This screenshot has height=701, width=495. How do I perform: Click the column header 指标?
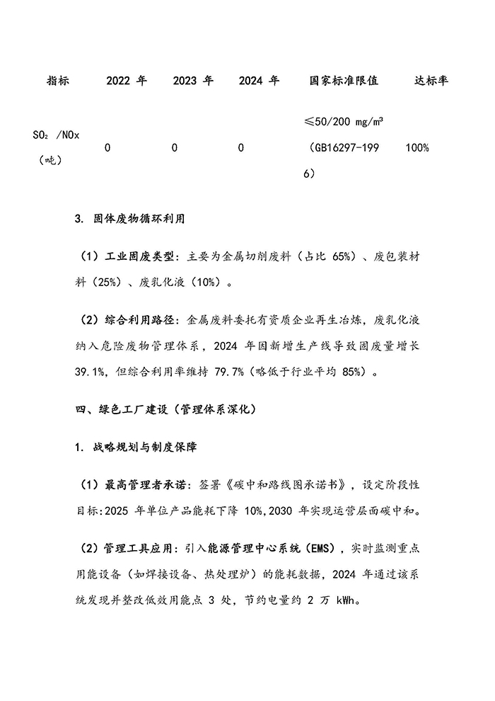[x=57, y=81]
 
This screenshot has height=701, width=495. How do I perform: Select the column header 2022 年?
[x=127, y=81]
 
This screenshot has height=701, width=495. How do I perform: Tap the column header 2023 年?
[x=193, y=81]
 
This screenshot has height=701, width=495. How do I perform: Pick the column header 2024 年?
[x=260, y=81]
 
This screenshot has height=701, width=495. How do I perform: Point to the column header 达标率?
[x=431, y=81]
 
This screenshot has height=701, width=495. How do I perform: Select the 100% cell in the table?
[x=418, y=148]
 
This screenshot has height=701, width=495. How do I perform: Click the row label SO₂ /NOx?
[x=57, y=136]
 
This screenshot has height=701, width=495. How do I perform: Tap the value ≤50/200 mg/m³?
[x=344, y=123]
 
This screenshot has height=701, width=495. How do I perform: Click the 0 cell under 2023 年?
[x=174, y=148]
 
